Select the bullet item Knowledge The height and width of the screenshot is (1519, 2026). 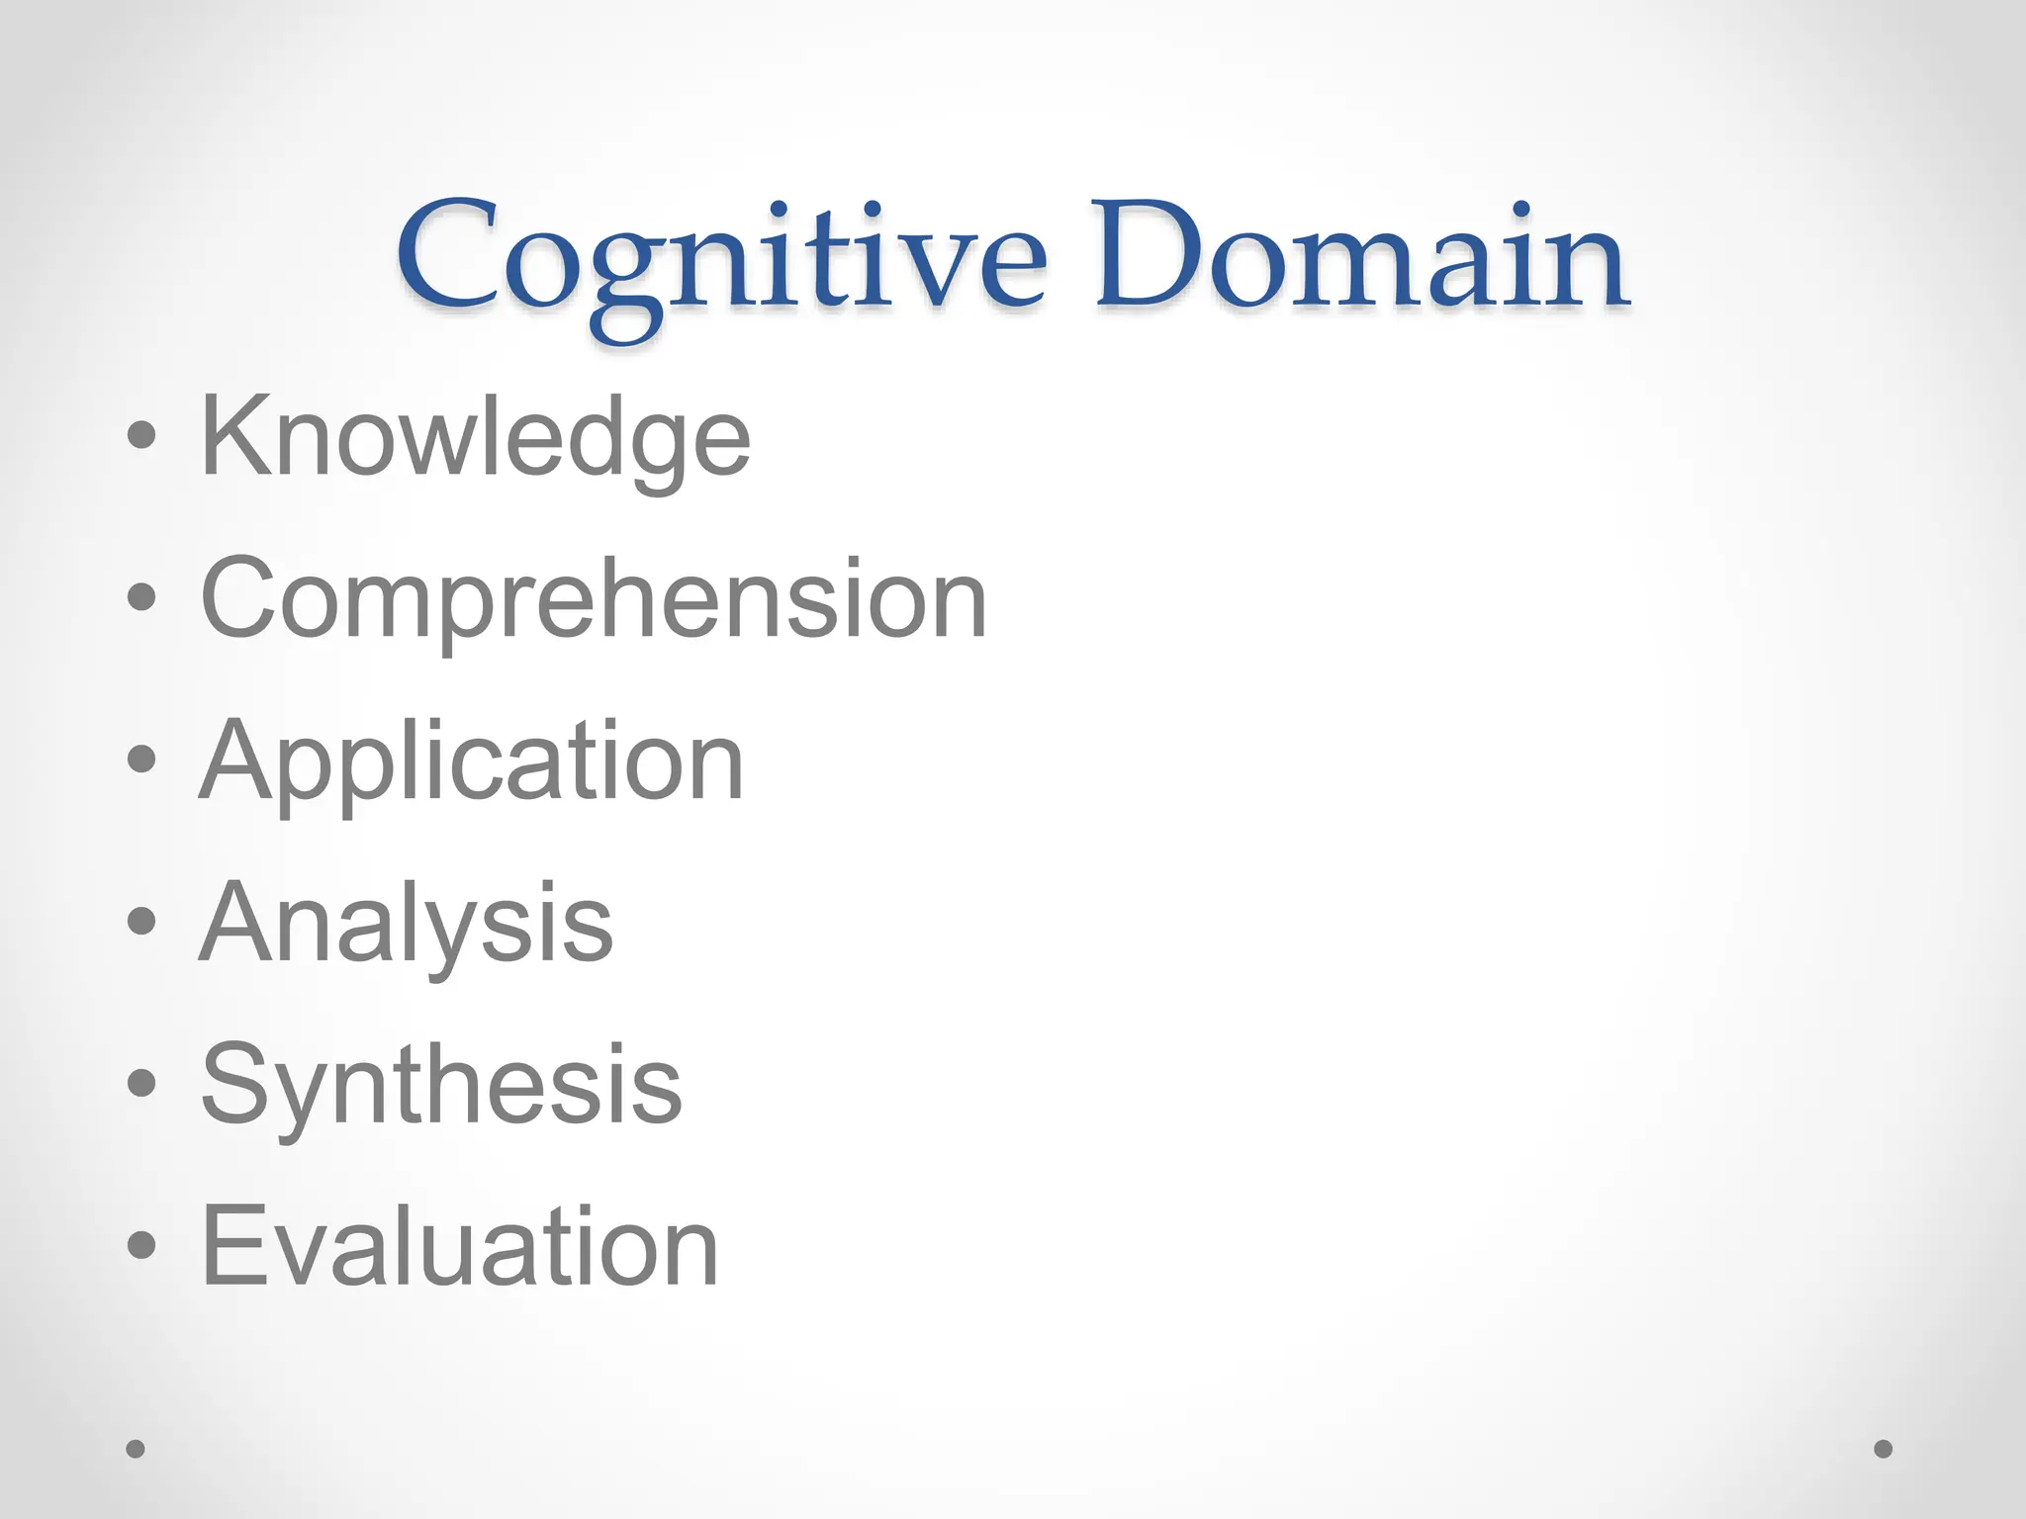[475, 437]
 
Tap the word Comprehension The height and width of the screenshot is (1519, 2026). [594, 599]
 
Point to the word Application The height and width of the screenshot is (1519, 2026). [471, 761]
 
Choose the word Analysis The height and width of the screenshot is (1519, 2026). [406, 924]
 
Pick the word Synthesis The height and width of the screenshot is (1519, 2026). [441, 1085]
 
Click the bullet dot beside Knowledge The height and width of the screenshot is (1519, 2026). [141, 435]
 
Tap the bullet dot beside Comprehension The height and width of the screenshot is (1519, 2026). [141, 596]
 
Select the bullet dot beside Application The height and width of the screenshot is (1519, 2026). [141, 759]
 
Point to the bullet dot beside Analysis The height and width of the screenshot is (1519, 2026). [141, 921]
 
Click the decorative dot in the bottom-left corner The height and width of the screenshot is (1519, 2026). [136, 1449]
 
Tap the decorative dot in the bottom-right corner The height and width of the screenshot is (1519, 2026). [1884, 1449]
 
